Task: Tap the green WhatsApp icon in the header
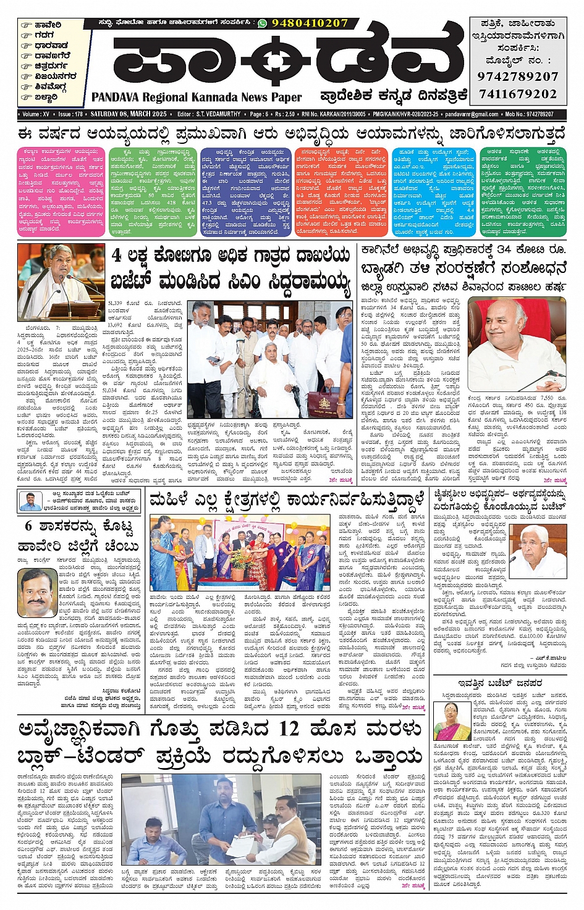point(263,23)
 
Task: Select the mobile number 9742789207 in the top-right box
point(517,77)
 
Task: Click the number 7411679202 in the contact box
point(517,94)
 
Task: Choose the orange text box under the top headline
point(341,191)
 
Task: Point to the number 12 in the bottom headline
point(289,729)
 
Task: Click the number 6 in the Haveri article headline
point(28,526)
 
